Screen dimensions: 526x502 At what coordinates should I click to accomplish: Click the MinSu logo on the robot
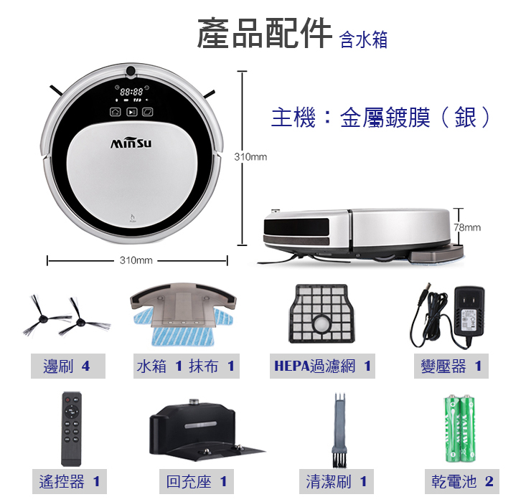pos(131,143)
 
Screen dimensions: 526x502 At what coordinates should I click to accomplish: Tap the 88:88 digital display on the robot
pos(131,92)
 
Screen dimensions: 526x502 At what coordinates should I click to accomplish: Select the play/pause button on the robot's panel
pos(131,112)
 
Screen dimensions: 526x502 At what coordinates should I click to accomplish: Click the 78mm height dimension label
pos(468,227)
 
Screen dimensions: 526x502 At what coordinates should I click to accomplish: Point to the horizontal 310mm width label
pos(136,260)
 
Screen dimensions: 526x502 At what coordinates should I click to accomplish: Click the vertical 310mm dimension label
pos(250,156)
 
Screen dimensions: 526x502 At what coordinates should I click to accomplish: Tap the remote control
pos(72,429)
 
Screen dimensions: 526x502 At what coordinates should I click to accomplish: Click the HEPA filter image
pos(321,314)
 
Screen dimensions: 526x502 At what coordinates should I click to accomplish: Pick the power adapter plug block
pos(469,311)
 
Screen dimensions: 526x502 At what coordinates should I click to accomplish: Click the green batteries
pos(460,430)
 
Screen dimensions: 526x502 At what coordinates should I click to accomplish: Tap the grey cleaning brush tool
pos(339,430)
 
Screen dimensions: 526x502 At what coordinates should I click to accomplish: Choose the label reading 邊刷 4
pos(68,366)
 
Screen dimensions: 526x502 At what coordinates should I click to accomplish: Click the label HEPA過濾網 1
pos(322,366)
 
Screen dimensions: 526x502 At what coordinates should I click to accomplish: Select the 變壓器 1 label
pos(451,366)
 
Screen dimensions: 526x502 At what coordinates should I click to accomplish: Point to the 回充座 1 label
pos(197,481)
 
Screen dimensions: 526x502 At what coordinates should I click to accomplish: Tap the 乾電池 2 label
pos(462,481)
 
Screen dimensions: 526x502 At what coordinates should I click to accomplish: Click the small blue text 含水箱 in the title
pos(364,39)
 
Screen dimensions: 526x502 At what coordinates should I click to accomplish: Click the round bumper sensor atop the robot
pos(131,71)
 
